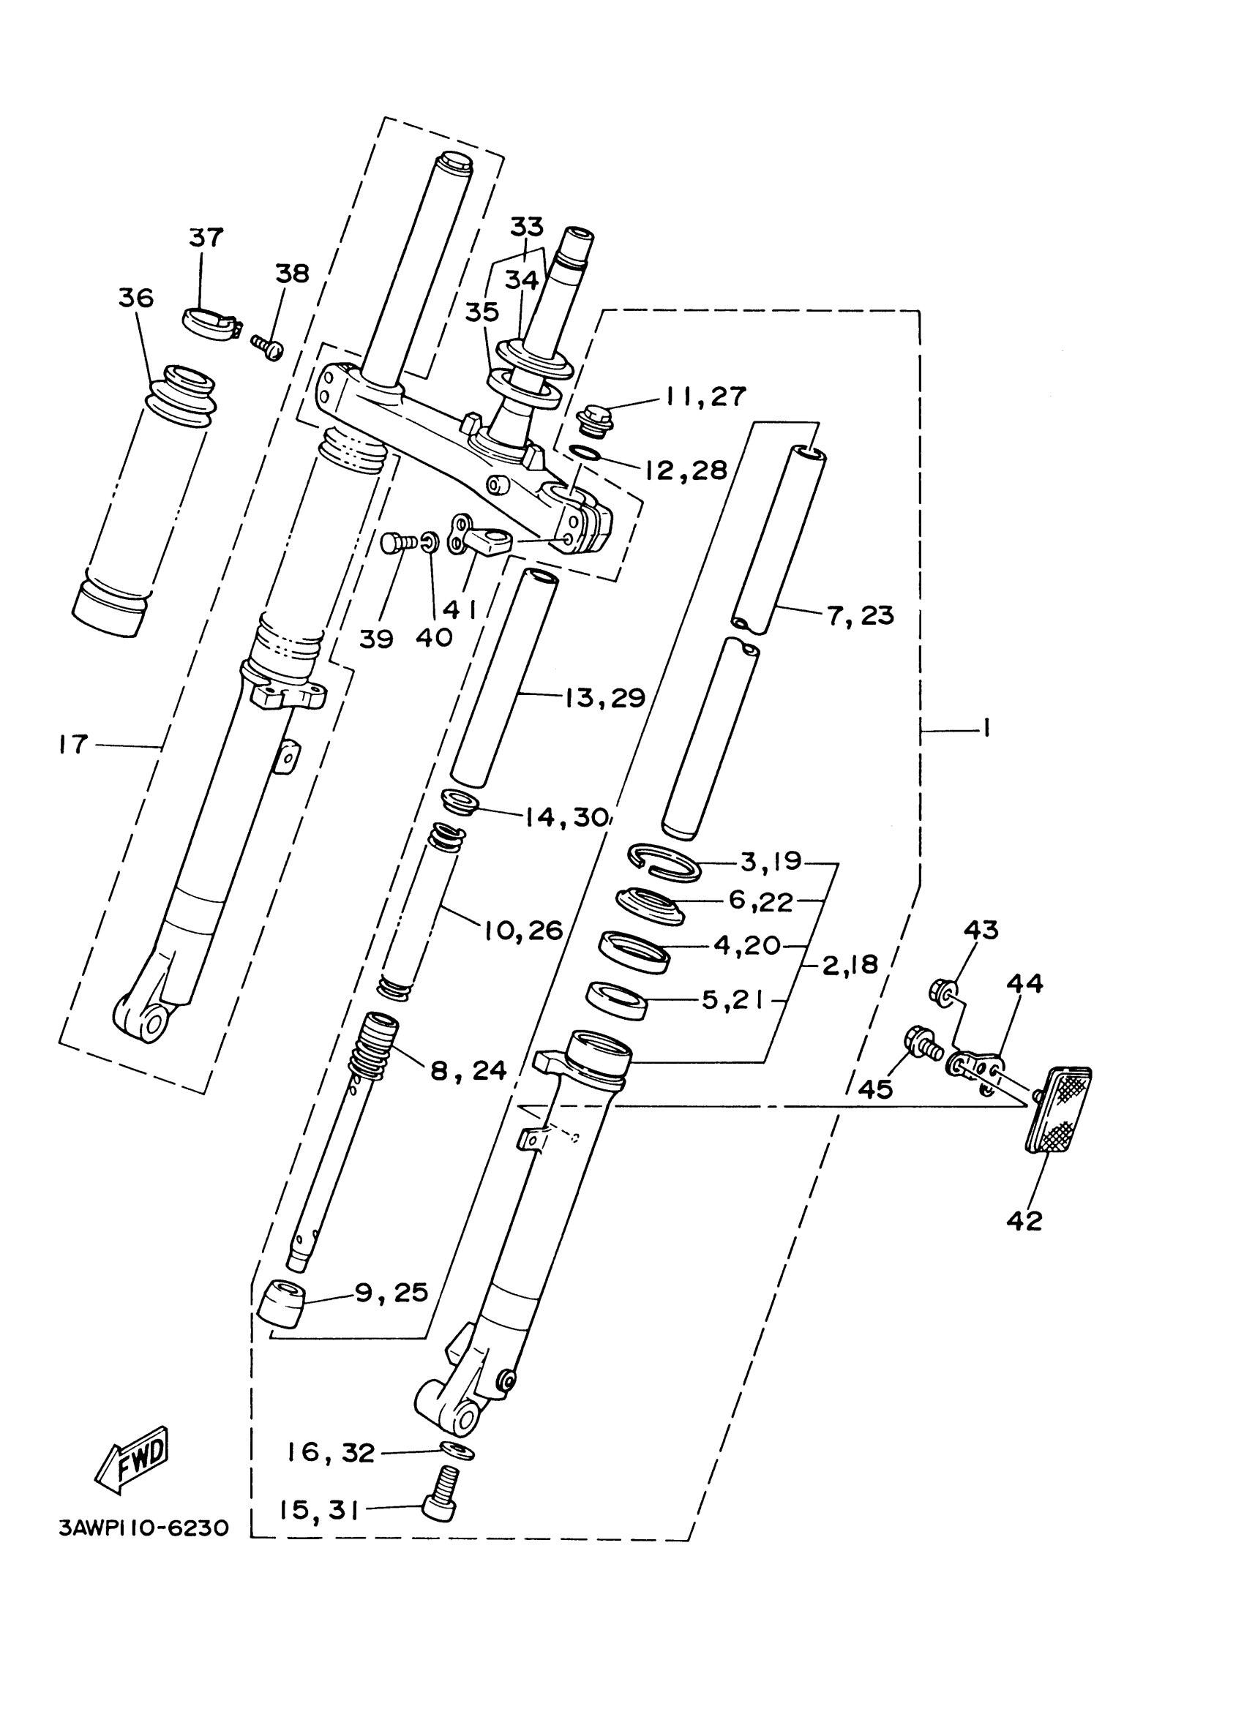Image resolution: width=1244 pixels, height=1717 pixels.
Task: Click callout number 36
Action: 136,298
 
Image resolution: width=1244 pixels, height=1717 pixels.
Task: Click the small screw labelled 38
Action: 266,347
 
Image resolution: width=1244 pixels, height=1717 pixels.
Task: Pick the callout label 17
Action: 73,744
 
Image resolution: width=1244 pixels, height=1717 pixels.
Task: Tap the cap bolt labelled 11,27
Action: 594,421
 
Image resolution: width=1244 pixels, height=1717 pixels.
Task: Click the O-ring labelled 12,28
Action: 586,453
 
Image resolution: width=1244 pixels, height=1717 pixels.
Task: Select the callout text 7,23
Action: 860,615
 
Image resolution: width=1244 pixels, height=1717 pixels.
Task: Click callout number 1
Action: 986,729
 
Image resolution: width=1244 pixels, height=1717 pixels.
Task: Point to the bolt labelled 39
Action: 395,542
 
